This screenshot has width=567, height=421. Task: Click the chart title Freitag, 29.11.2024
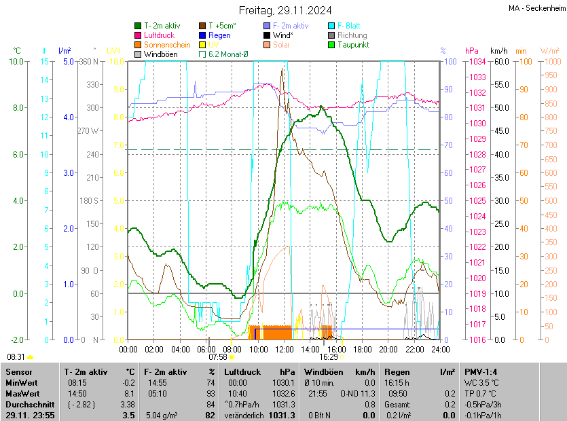click(285, 10)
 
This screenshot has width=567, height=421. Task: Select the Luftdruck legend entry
click(159, 35)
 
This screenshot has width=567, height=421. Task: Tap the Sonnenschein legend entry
click(166, 44)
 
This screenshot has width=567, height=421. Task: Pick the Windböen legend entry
click(159, 54)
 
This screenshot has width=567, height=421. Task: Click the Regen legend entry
click(219, 35)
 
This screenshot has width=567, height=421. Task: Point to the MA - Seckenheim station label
click(536, 7)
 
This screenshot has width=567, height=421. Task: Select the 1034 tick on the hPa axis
click(475, 62)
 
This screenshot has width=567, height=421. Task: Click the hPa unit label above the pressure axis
click(471, 51)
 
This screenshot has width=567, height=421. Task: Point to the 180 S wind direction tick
click(90, 201)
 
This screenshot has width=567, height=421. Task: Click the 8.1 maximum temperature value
click(129, 393)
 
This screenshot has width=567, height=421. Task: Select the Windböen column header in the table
click(323, 372)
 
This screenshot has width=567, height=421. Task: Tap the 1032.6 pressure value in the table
click(283, 393)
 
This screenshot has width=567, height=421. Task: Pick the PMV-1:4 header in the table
click(481, 372)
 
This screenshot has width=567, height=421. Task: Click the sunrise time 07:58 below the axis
click(217, 356)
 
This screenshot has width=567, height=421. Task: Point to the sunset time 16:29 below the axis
click(329, 356)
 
